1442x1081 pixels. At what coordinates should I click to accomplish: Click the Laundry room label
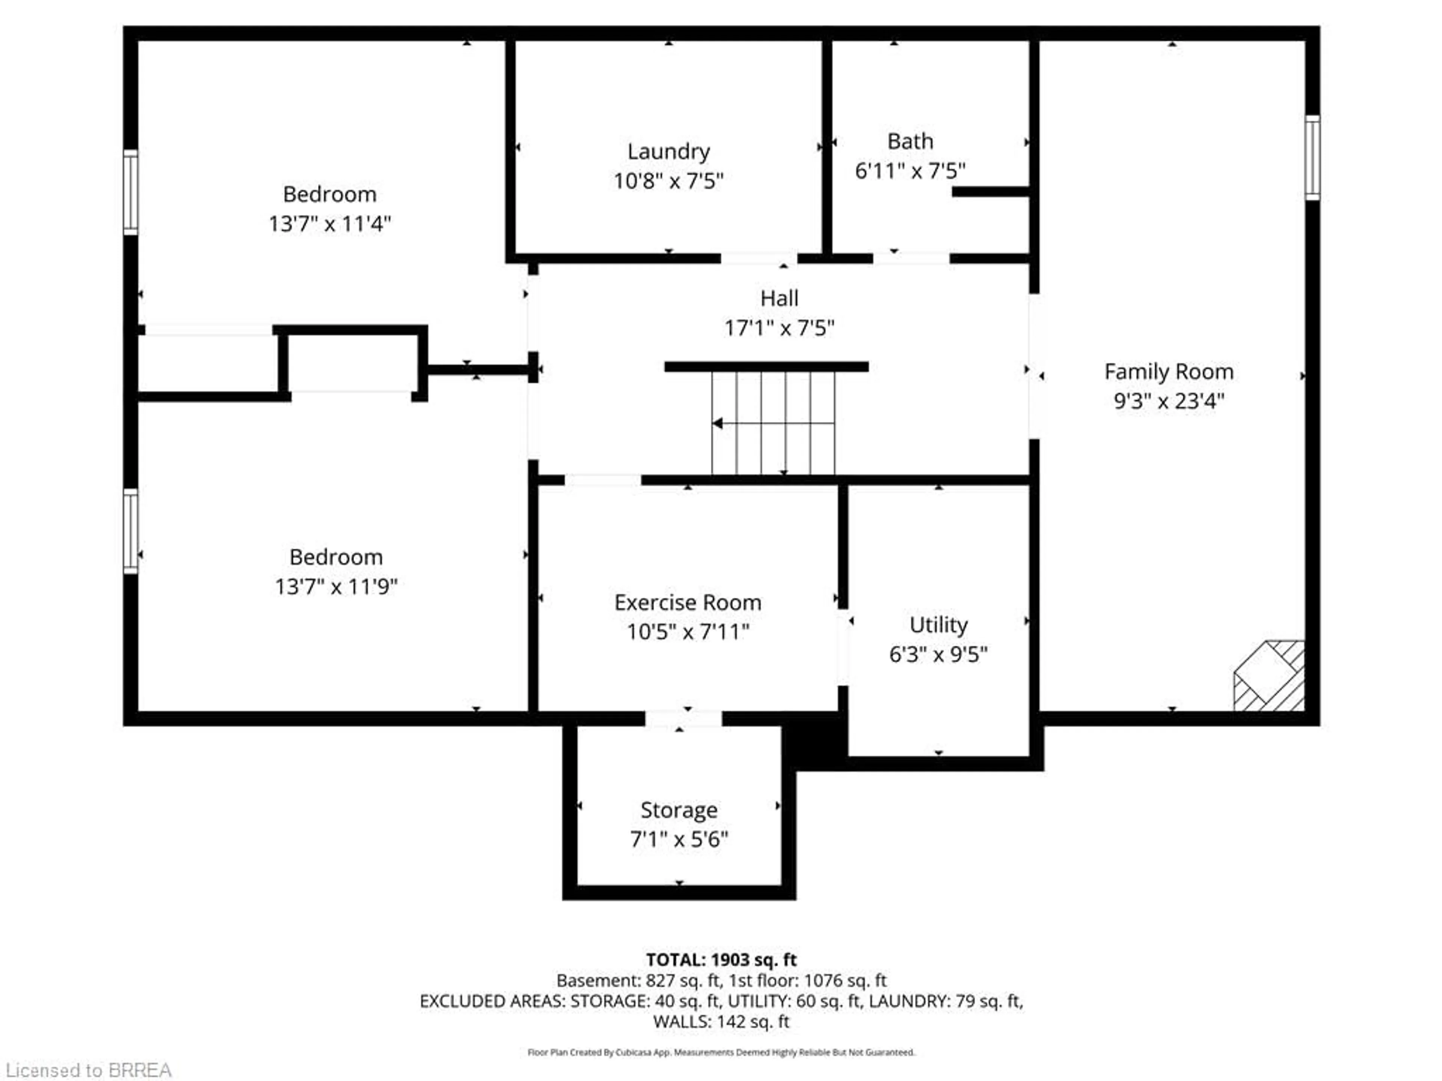coord(668,151)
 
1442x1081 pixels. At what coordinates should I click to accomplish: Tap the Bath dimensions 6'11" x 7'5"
coord(910,171)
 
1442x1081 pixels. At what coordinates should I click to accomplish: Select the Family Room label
coord(1168,372)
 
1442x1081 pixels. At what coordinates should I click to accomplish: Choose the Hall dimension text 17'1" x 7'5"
coord(779,328)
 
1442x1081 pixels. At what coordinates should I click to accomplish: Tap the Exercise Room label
coord(687,602)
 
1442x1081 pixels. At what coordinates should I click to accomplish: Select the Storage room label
coord(679,810)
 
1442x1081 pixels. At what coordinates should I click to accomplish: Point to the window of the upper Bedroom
coord(130,192)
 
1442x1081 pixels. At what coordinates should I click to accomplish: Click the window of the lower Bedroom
coord(130,531)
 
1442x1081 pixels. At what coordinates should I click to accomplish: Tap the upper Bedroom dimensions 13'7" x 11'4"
coord(329,223)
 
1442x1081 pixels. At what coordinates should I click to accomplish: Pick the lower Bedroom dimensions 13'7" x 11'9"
coord(336,586)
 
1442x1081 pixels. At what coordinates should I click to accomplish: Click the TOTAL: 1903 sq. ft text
coord(721,960)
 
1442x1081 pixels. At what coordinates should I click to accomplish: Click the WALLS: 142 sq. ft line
coord(721,1021)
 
